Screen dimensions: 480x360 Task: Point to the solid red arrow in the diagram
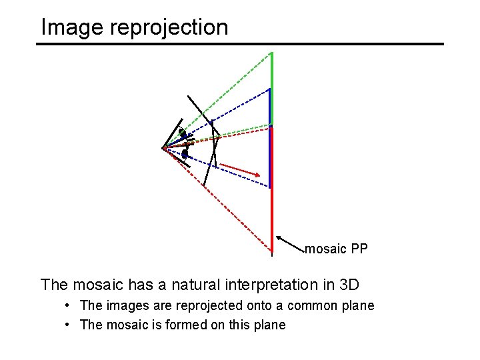[239, 169]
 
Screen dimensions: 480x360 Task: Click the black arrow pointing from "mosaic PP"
[290, 244]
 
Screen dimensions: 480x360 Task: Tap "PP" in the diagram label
[359, 249]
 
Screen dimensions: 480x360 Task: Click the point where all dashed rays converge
[163, 148]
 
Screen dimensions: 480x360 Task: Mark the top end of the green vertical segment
[271, 52]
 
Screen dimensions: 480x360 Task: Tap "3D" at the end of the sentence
[349, 285]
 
